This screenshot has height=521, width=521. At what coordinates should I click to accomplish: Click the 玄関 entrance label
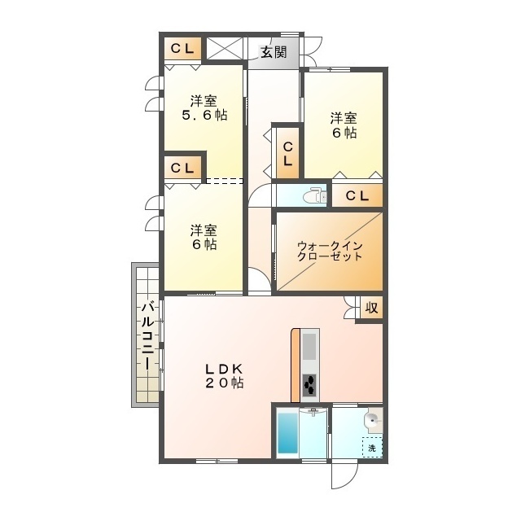click(274, 53)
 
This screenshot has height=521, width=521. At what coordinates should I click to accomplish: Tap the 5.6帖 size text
click(204, 116)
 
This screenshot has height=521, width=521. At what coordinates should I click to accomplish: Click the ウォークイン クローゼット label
click(329, 250)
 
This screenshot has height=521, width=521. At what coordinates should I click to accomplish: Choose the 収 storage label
click(371, 308)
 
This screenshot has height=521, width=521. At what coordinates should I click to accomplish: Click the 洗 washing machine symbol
click(372, 447)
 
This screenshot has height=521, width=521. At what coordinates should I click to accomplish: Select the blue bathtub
click(288, 433)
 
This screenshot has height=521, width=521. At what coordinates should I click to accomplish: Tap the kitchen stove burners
click(311, 384)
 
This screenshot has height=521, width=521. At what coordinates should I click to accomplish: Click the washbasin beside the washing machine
click(371, 420)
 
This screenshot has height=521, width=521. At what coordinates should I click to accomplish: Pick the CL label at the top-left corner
click(182, 49)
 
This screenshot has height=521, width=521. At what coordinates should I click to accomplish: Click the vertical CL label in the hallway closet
click(288, 153)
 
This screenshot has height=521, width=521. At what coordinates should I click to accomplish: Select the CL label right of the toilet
click(357, 196)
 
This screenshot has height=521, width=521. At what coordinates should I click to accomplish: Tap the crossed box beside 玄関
click(225, 48)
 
